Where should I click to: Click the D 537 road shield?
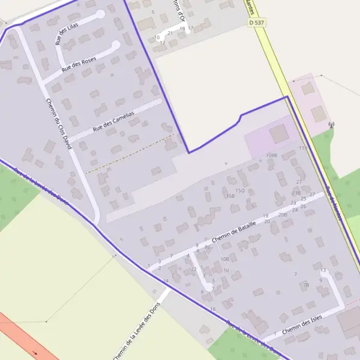(256, 23)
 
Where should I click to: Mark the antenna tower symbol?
(331, 125)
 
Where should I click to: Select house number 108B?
(271, 155)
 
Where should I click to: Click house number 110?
(302, 148)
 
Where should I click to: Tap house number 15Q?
(239, 191)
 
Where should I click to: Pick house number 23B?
(296, 193)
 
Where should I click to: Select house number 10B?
(225, 259)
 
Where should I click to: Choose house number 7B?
(305, 285)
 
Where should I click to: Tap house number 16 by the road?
(213, 309)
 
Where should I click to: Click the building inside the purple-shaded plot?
(278, 134)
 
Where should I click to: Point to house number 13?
(323, 271)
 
